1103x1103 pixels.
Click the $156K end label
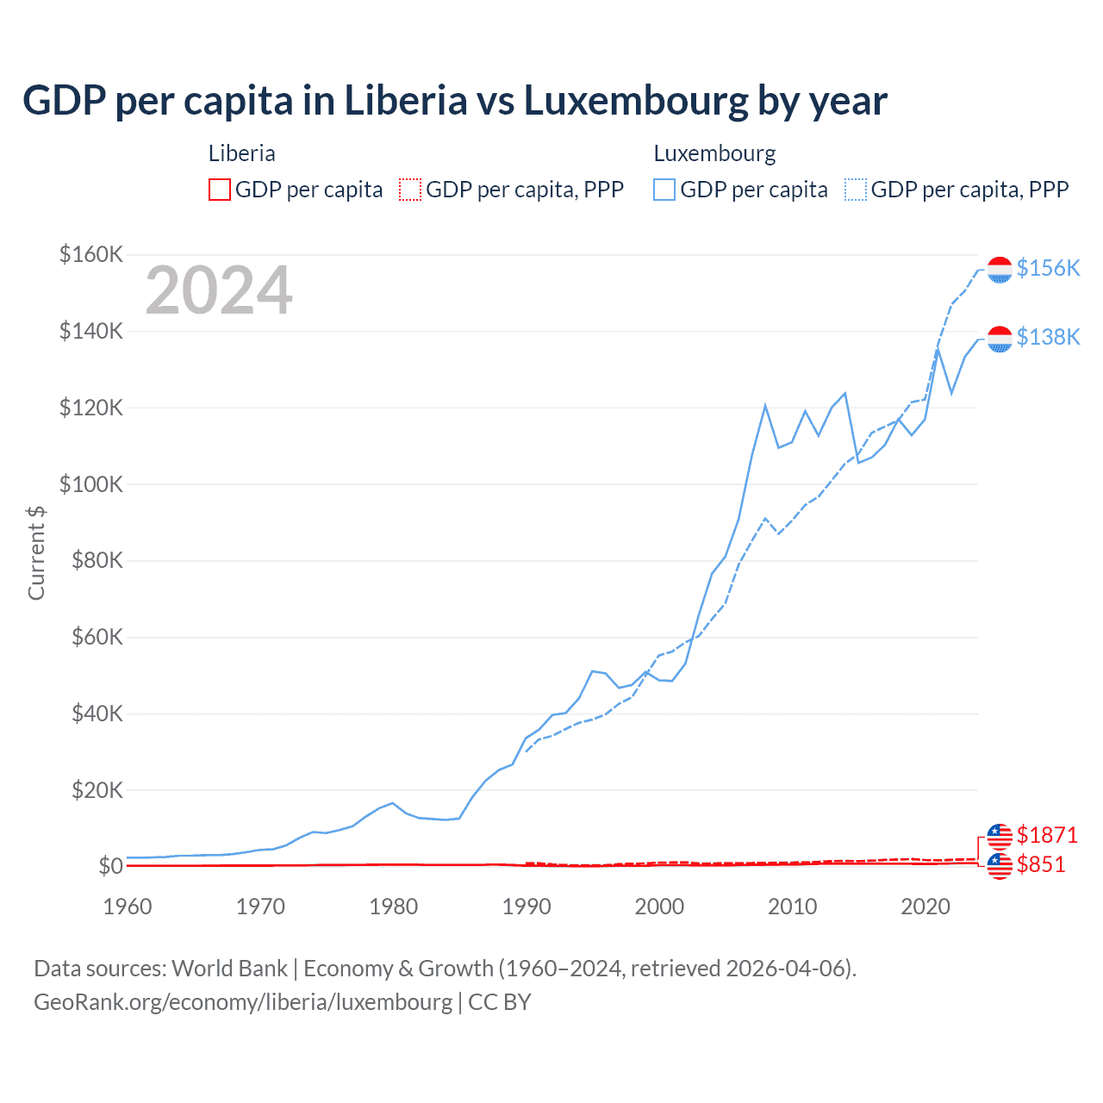coord(1048,268)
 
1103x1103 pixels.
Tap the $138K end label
coord(1048,337)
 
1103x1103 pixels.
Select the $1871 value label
coord(1047,835)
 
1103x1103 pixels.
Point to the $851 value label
coord(1041,864)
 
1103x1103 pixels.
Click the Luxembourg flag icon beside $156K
coord(1000,270)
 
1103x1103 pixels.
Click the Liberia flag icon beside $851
coord(1000,866)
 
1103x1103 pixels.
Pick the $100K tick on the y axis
coord(91,484)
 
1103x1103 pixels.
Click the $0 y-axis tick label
coord(110,866)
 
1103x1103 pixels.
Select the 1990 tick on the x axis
coord(527,907)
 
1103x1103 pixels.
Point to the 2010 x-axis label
coord(792,907)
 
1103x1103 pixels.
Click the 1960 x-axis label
coord(128,907)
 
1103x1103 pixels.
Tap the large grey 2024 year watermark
coord(219,290)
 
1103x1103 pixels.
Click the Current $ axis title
coord(36,553)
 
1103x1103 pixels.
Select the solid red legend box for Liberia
coord(220,190)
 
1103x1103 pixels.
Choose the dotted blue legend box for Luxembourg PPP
coord(856,190)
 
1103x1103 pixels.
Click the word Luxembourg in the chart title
coord(636,101)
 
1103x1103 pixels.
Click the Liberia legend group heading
coord(242,153)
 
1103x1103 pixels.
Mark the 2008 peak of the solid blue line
coord(765,405)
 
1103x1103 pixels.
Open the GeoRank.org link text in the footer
coord(242,1002)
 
